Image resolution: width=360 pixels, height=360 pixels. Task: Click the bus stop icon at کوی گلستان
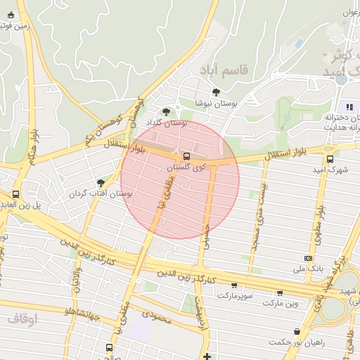186,156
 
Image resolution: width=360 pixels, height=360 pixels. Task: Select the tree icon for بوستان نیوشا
215,92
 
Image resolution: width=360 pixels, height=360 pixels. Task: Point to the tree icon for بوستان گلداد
166,111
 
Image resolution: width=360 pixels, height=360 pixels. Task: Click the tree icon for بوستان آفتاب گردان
101,182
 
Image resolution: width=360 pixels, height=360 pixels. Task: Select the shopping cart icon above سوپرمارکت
234,285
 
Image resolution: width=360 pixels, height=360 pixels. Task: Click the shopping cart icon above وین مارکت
280,293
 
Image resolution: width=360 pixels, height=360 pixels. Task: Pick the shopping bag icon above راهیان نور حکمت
298,331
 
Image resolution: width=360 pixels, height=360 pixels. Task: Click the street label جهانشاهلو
73,312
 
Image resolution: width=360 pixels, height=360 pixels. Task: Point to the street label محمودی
155,319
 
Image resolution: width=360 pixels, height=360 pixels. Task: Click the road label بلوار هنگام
32,148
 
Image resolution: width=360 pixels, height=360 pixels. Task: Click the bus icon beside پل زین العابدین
15,194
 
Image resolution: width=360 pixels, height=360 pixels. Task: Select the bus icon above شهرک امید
330,159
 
